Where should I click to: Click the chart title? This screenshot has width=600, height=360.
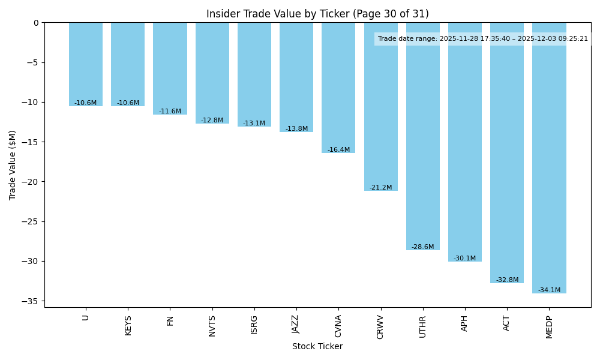tap(317, 14)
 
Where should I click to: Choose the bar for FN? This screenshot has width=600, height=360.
tap(170, 68)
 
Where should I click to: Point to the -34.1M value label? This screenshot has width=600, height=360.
tap(549, 290)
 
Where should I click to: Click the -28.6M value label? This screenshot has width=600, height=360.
tap(422, 247)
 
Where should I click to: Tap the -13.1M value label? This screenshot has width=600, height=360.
tap(254, 124)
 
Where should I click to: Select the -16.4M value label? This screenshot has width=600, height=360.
tap(338, 150)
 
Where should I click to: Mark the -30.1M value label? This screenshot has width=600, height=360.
tap(464, 259)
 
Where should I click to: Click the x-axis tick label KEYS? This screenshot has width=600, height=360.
tap(128, 325)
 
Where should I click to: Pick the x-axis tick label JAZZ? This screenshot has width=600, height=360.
tap(296, 325)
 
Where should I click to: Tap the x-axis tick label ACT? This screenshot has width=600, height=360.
tap(506, 323)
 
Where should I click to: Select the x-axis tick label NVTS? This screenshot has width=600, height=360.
tap(212, 326)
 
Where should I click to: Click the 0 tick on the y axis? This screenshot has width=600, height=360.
tap(36, 23)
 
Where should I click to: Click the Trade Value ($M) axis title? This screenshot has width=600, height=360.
tap(13, 164)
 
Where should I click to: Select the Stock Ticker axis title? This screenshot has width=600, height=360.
tap(317, 347)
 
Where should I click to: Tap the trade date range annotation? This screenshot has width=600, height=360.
tap(483, 39)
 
